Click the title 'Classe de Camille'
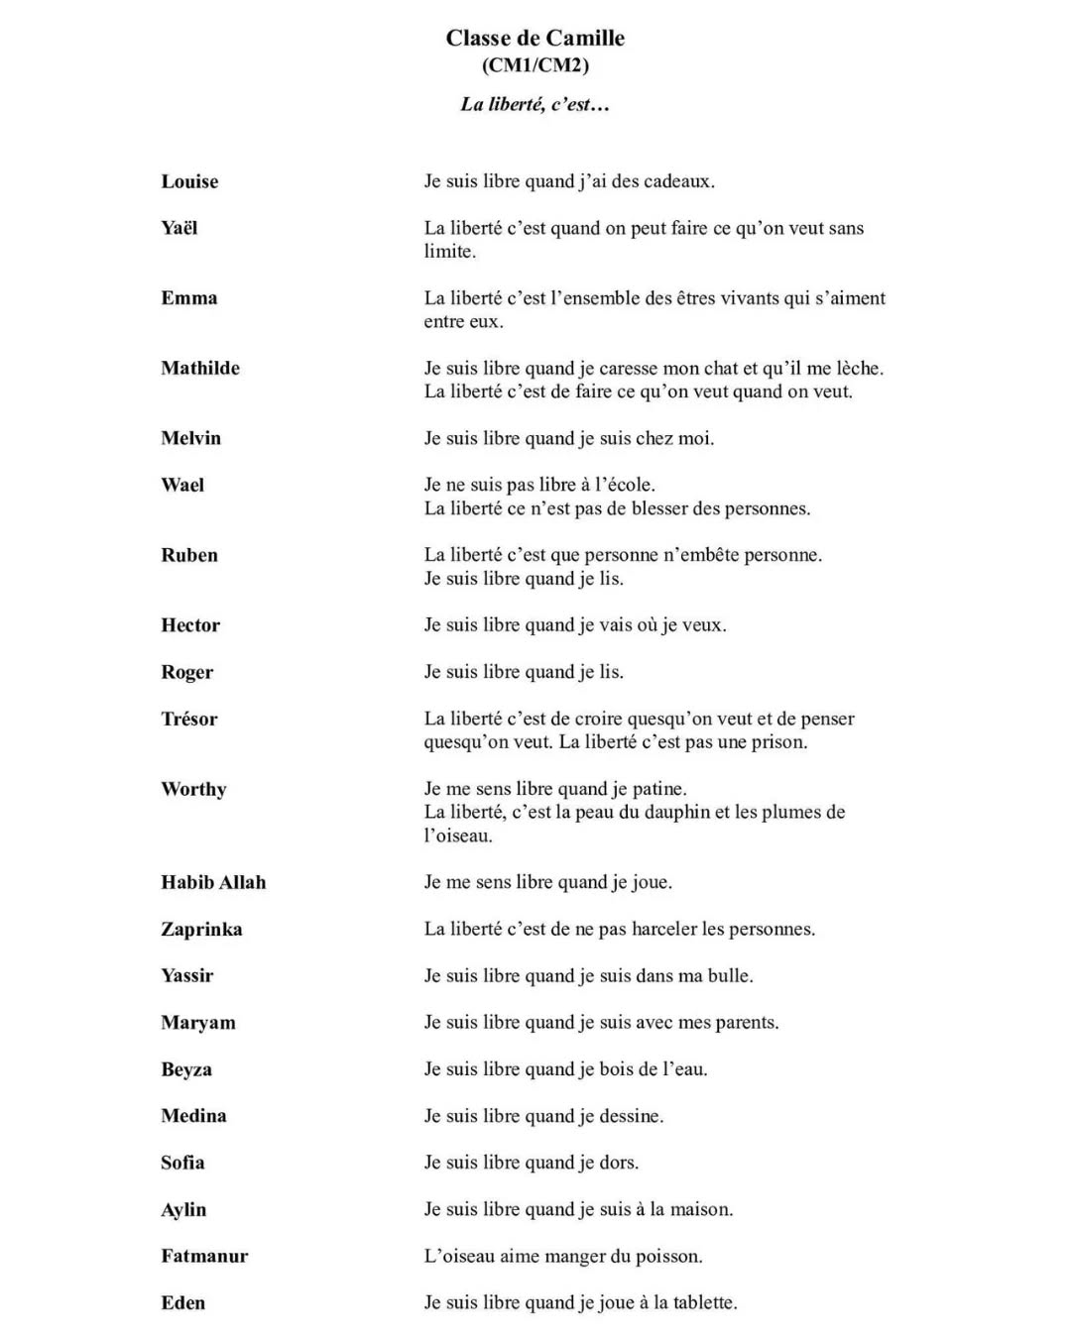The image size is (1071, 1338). (x=535, y=39)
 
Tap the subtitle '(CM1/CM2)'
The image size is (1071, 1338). (x=535, y=65)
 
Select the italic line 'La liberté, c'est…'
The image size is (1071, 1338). (x=535, y=104)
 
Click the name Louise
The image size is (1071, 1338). (x=189, y=181)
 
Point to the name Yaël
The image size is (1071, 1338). (x=179, y=228)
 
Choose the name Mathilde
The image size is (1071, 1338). (x=200, y=368)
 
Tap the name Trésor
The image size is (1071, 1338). (x=189, y=719)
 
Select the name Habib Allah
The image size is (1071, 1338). (x=213, y=882)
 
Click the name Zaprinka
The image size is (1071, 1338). (x=201, y=929)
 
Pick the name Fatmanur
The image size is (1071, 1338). (x=204, y=1256)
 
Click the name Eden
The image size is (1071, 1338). (x=182, y=1302)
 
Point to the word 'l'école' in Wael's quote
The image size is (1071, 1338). (x=624, y=485)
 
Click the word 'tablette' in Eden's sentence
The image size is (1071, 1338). (x=703, y=1302)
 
